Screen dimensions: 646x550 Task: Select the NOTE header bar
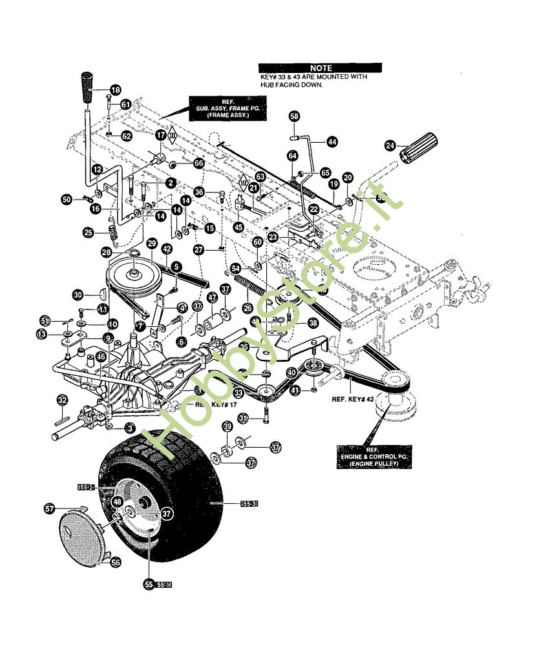click(320, 68)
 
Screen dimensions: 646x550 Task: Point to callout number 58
click(295, 116)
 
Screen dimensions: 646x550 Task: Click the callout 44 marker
click(332, 141)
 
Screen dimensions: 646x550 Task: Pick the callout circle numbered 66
click(198, 164)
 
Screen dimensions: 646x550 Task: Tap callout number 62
click(126, 136)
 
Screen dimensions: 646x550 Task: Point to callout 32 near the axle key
click(62, 401)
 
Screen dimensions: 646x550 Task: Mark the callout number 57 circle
click(49, 509)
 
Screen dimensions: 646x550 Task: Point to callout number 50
click(67, 200)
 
